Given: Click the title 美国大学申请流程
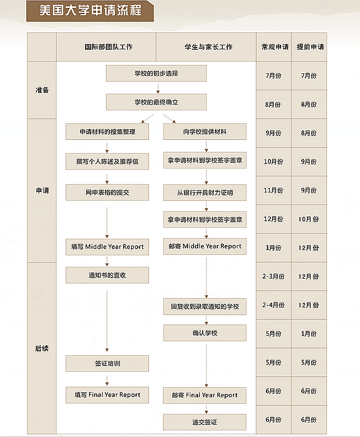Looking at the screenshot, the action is coord(90,11).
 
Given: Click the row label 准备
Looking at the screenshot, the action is coord(42,90).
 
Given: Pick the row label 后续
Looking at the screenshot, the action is coord(42,349).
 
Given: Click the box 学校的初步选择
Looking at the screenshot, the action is coord(156,73).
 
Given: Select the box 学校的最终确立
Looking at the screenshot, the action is coord(156,102).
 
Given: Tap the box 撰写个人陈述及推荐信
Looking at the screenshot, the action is coord(107,161).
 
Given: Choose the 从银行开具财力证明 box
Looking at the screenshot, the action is coord(205,192).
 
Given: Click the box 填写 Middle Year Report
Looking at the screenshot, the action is coord(107,247).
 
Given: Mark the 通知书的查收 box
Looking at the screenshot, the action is coord(107,275).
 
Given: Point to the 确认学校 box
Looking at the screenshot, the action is coord(205,333).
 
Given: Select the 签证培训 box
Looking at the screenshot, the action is coord(107,364).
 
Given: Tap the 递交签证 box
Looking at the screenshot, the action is coord(205,422).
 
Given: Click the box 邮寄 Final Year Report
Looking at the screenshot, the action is coord(205,395).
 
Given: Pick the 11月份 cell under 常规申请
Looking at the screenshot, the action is coord(274,191).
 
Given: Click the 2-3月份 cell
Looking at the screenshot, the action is coord(274,276).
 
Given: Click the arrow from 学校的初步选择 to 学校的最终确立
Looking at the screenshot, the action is coord(158,88).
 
